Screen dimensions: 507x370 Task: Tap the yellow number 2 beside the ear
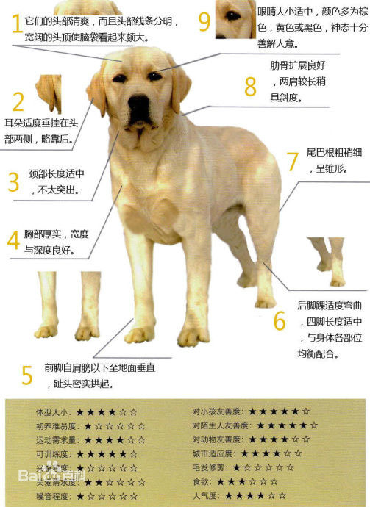click(18, 101)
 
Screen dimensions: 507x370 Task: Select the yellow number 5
click(26, 375)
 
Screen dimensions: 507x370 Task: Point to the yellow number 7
click(292, 161)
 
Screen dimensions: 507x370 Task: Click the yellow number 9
click(204, 21)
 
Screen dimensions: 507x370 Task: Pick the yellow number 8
click(250, 86)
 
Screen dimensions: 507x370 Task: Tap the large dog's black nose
click(138, 107)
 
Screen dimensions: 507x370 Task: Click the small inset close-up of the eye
click(235, 18)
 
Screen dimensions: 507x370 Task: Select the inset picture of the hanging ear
click(49, 92)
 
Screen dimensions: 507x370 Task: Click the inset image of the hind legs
click(327, 262)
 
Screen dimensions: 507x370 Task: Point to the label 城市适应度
click(213, 453)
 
